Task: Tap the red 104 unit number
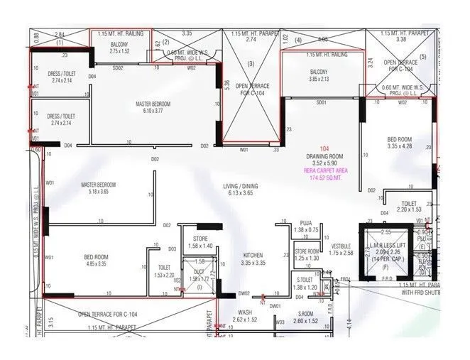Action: [x=324, y=148]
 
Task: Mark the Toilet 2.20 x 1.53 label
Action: [x=409, y=205]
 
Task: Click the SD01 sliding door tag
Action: [x=321, y=102]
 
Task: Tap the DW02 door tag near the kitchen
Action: [x=244, y=293]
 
